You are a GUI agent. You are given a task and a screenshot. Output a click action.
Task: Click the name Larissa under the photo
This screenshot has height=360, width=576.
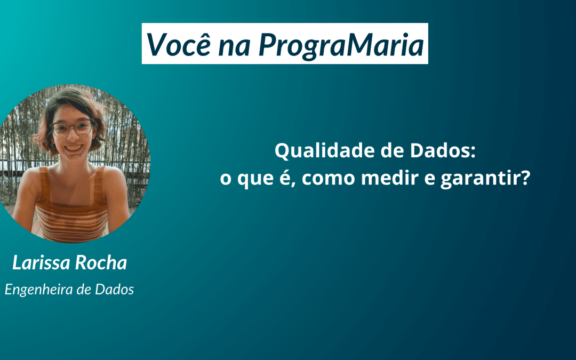[41, 262]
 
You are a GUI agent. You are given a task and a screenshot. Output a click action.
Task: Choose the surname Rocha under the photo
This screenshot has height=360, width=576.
[101, 262]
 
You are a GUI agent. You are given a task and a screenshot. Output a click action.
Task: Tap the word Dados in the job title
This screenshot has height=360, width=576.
[114, 290]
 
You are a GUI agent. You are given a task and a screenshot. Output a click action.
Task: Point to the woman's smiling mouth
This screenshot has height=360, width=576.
[74, 148]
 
